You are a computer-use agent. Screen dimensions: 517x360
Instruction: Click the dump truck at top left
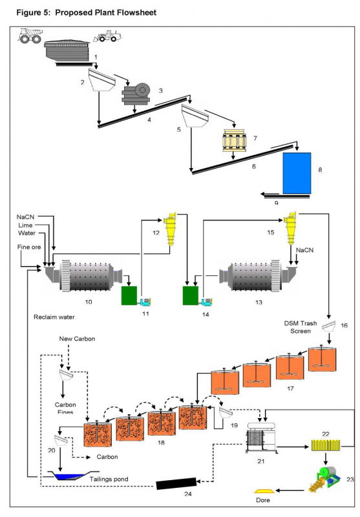pos(31,36)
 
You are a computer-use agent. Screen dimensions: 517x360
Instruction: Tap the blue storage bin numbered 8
pos(297,173)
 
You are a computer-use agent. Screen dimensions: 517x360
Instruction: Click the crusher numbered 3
pos(135,96)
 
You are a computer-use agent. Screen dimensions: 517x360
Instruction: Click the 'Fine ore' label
pos(28,246)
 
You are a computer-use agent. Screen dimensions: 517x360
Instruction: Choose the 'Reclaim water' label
pos(56,317)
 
